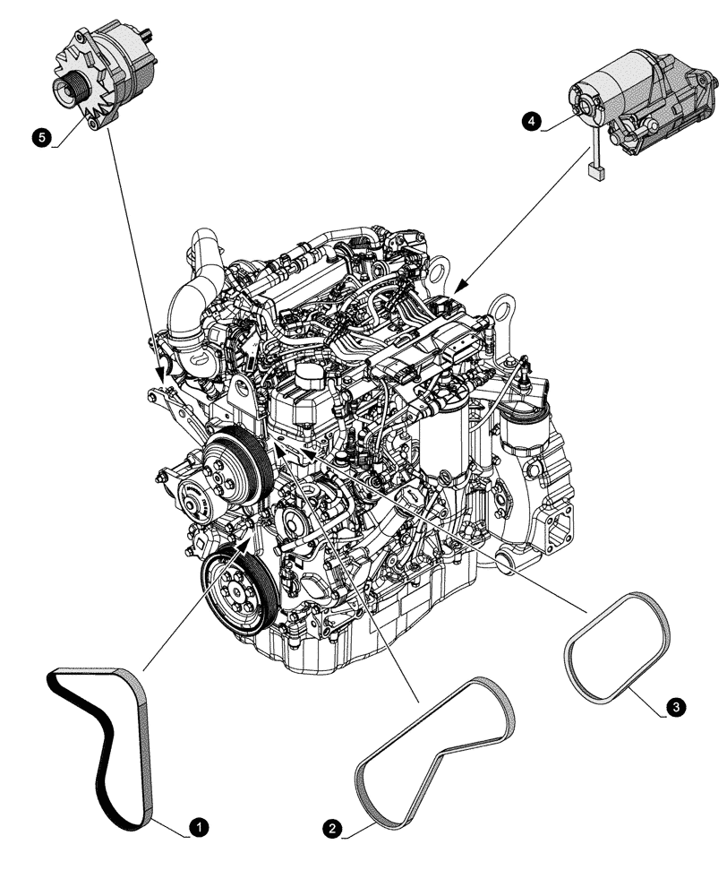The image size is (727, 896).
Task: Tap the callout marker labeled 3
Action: pyautogui.click(x=677, y=708)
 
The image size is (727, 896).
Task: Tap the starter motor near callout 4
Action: pyautogui.click(x=645, y=99)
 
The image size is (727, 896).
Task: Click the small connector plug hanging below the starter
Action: pyautogui.click(x=594, y=170)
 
